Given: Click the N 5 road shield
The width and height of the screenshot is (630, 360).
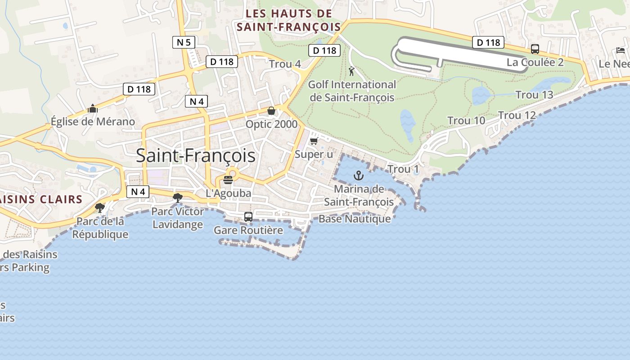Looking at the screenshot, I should (x=184, y=43).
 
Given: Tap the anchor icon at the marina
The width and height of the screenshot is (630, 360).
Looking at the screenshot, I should (x=359, y=175).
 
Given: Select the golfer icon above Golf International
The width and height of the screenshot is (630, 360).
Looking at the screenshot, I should (x=351, y=71).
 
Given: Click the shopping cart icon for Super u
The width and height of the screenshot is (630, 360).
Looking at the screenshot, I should (x=314, y=141).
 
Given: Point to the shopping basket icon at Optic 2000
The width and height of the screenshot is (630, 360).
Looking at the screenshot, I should (x=271, y=110).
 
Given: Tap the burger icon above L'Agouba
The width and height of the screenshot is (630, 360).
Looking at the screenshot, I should (x=228, y=180).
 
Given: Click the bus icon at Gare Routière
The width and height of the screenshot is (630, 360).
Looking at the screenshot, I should (x=248, y=217).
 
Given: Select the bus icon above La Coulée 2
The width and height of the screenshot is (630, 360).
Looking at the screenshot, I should (x=535, y=49).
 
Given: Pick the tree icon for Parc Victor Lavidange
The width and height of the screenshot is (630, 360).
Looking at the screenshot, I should (x=178, y=197).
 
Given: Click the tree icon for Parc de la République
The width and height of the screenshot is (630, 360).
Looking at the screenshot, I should (x=100, y=207).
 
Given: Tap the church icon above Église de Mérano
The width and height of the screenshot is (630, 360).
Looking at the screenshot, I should (x=93, y=108).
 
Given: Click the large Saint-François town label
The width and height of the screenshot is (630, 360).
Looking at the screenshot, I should (x=196, y=156).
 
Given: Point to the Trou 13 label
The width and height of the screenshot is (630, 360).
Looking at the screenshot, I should (x=534, y=95).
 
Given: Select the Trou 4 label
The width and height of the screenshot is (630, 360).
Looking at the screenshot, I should (x=285, y=64).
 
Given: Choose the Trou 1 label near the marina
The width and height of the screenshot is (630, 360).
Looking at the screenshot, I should (x=403, y=169).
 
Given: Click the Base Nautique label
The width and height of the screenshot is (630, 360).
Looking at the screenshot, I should (x=355, y=219).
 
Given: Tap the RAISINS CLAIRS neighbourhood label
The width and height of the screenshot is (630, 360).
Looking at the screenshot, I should (x=40, y=199).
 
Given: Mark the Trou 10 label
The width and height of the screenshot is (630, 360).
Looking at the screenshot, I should (x=466, y=121).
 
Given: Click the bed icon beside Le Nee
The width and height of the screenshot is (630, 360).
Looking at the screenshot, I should (x=621, y=50).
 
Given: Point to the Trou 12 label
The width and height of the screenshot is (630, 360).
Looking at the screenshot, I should (x=517, y=116).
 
